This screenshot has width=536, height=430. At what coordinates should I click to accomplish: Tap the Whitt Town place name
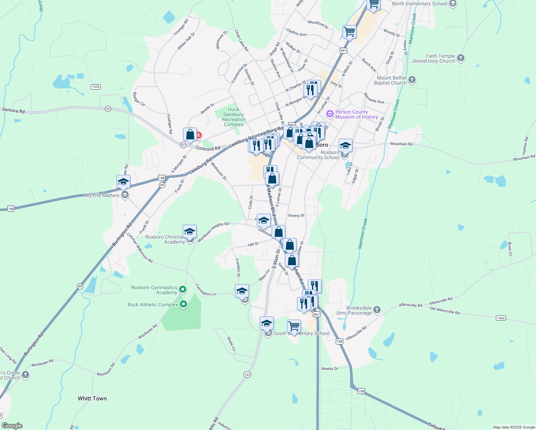(92, 398)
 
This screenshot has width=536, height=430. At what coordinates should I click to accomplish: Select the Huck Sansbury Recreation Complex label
(234, 117)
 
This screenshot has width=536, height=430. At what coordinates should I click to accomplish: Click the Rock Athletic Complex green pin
(183, 305)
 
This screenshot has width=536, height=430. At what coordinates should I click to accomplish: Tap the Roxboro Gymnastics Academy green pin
(183, 289)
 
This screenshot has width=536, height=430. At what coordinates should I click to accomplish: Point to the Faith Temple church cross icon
(461, 58)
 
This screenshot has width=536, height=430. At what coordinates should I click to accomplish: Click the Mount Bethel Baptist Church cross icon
(412, 80)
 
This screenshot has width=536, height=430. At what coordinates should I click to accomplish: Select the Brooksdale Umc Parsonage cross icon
(377, 310)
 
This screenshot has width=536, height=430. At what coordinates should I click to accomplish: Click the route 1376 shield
(95, 87)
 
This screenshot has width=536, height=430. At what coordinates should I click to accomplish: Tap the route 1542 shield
(501, 318)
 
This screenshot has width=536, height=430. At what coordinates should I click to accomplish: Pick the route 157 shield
(247, 374)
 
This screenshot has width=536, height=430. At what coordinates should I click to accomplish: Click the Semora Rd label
(14, 110)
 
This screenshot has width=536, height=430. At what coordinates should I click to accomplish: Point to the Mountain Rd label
(401, 144)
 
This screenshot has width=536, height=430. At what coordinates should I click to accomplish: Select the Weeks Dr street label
(330, 368)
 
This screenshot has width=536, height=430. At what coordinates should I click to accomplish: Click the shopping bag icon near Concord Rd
(190, 135)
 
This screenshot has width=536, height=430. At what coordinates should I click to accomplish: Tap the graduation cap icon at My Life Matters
(123, 182)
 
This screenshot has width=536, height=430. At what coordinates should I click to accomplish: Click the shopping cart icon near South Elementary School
(294, 326)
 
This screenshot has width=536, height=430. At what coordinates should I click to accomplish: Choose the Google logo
(12, 426)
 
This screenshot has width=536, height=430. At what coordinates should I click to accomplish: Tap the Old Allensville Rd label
(444, 311)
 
